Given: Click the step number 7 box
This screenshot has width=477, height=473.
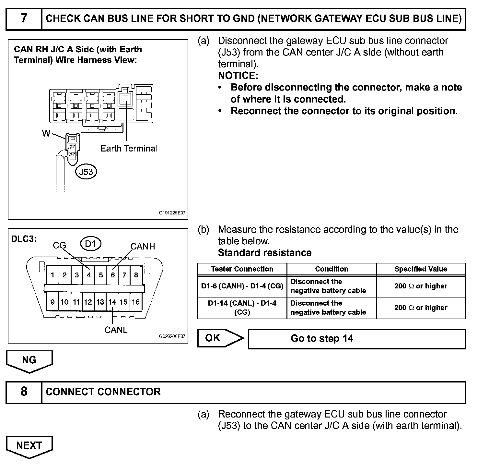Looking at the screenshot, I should (24, 18).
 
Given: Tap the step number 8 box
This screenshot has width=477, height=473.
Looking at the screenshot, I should (24, 392).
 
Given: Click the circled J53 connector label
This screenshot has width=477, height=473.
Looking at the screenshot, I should (86, 172).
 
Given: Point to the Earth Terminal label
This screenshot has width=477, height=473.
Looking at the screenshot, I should (129, 149).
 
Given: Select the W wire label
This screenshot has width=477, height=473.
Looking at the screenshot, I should (46, 133).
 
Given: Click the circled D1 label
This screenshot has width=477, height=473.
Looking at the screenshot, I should (91, 244).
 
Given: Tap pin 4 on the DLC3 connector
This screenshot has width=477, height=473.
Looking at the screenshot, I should (88, 275).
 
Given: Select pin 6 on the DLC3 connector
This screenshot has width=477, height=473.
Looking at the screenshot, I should (113, 275).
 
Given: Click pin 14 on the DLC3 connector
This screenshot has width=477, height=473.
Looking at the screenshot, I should (112, 302).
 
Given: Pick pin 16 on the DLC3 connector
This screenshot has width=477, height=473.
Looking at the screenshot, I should (136, 302).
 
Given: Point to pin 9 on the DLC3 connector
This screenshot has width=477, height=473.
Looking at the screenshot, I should (52, 302).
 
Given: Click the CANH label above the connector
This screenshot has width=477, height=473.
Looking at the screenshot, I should (143, 247).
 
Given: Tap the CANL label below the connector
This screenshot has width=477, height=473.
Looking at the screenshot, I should (116, 330).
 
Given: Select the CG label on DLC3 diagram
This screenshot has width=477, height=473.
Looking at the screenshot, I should (59, 246).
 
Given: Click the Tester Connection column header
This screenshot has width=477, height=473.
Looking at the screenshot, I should (242, 269).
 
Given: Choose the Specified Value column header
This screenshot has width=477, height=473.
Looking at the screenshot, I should (421, 269).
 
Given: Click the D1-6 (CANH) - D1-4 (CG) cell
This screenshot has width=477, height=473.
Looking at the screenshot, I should (242, 286).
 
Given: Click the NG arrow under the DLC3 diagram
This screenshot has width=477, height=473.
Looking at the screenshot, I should (29, 360).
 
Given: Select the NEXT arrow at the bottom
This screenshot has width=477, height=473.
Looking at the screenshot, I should (29, 446).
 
